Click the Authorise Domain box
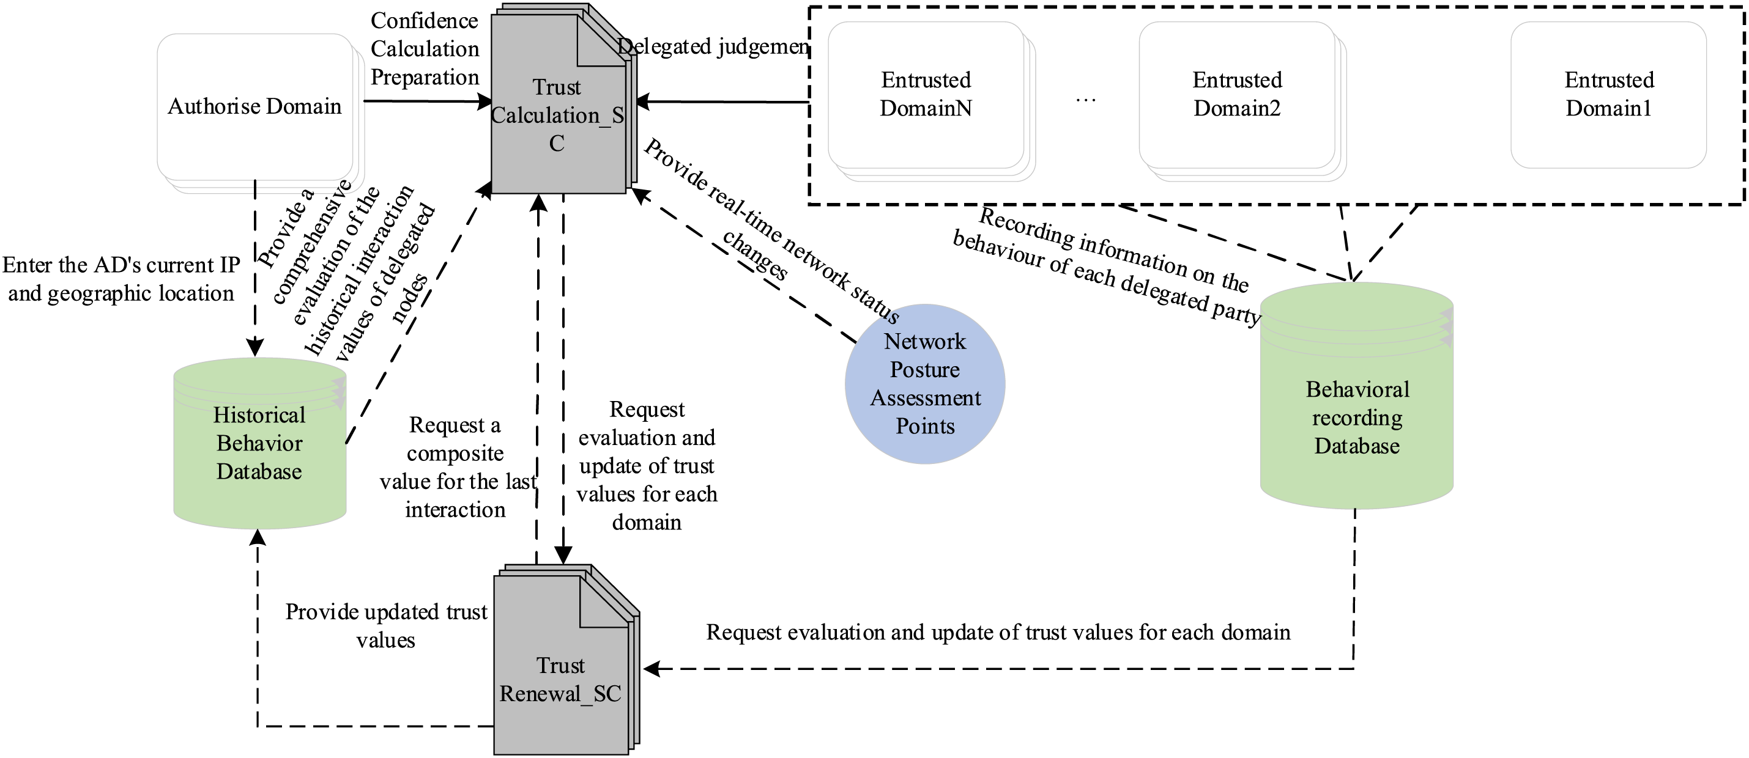(254, 106)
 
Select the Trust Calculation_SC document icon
(558, 116)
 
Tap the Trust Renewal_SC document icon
(561, 679)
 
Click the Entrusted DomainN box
(926, 94)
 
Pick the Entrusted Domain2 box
(1237, 94)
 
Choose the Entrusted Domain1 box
(1608, 94)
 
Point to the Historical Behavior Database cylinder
(259, 444)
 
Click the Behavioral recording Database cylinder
(1357, 418)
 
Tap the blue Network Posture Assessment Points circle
(925, 384)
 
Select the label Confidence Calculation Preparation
(425, 49)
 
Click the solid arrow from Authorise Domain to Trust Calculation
(428, 102)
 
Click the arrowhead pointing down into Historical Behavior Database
(254, 347)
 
